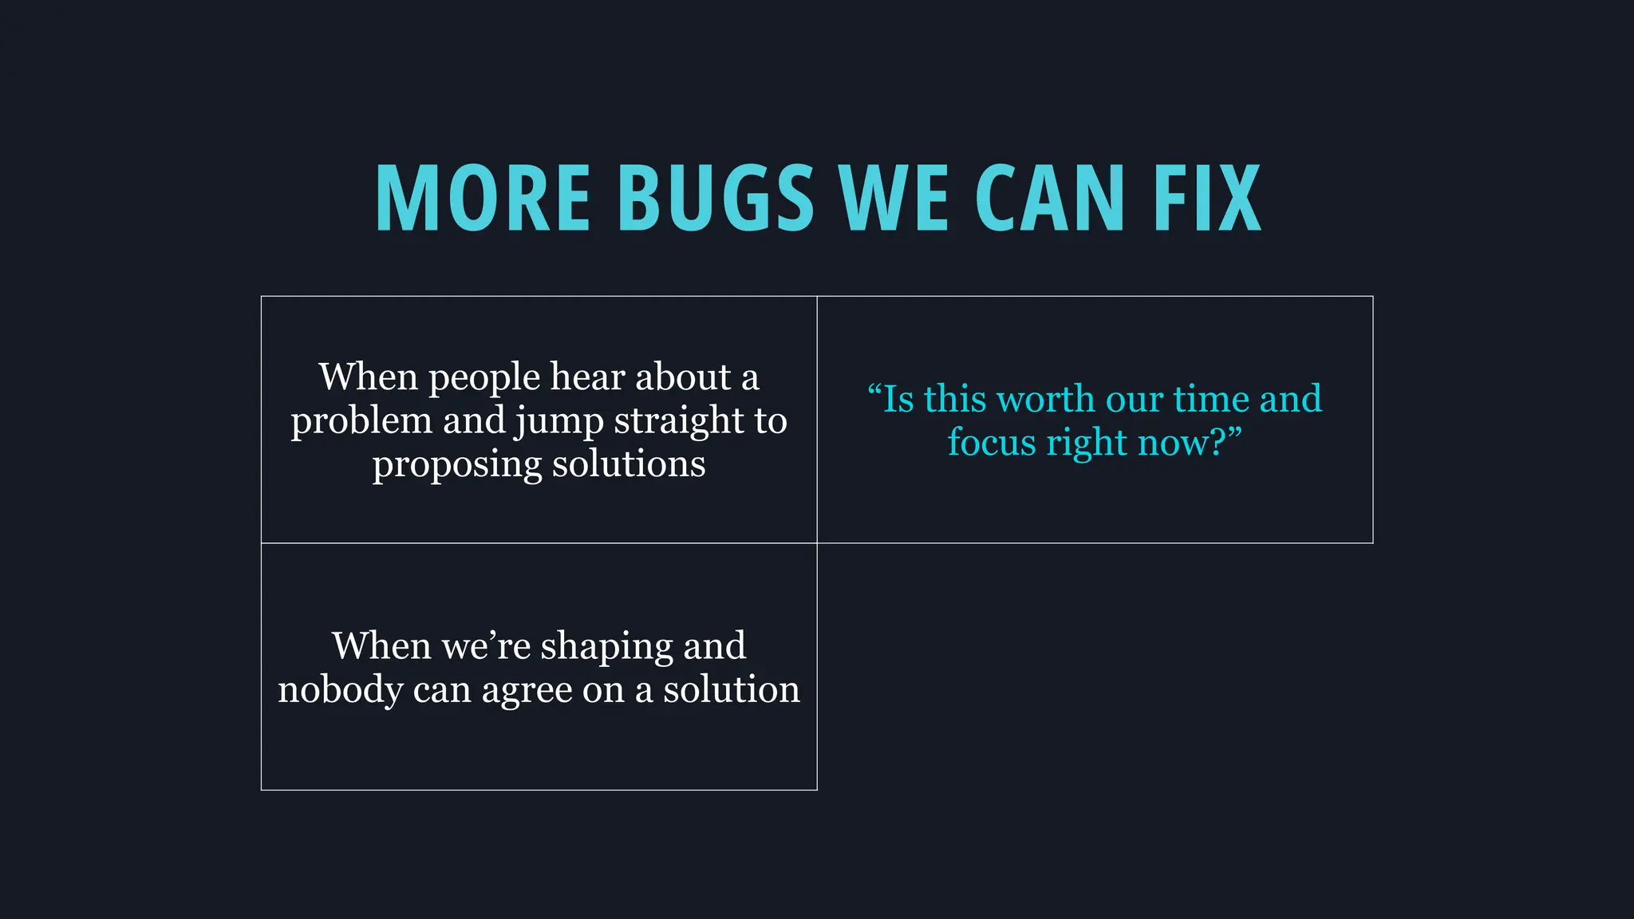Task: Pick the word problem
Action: click(x=361, y=422)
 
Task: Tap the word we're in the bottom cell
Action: click(x=486, y=646)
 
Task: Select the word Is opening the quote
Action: click(x=898, y=399)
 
